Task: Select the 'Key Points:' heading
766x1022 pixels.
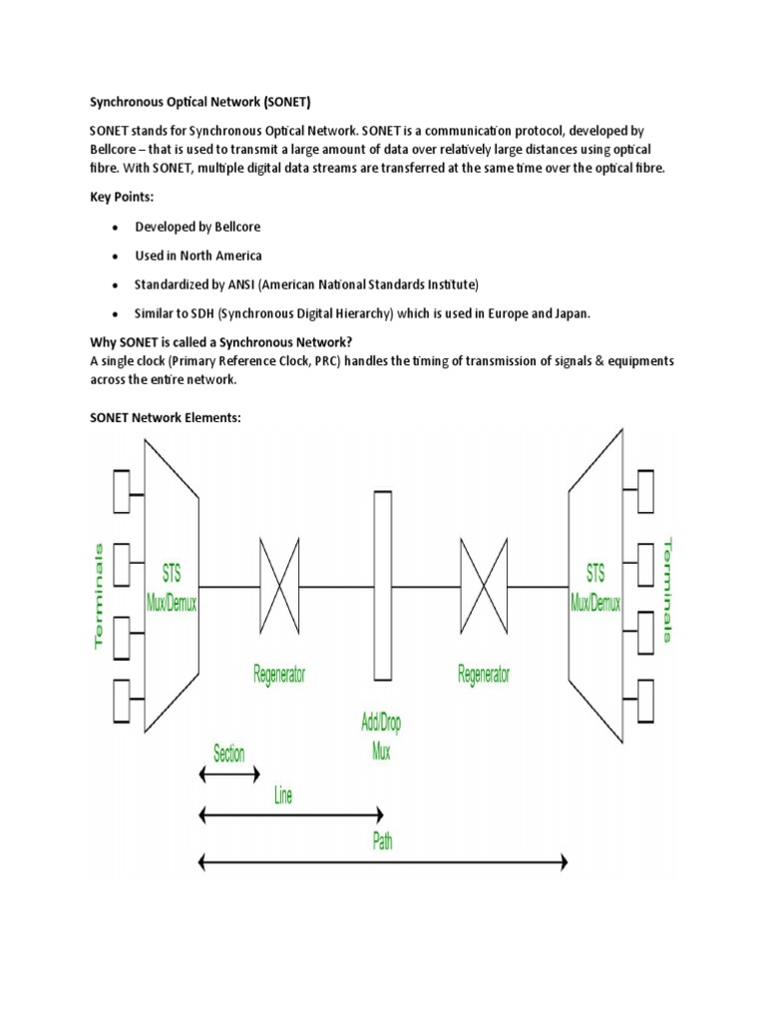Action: click(123, 199)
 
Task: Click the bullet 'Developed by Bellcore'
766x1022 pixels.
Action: click(197, 228)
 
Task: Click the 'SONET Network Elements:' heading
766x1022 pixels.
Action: click(166, 418)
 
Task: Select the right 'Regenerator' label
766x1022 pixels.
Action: click(483, 675)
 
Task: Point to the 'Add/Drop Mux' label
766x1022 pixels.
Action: click(381, 738)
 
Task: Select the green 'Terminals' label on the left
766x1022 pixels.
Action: click(99, 596)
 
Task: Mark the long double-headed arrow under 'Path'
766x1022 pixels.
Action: click(383, 860)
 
